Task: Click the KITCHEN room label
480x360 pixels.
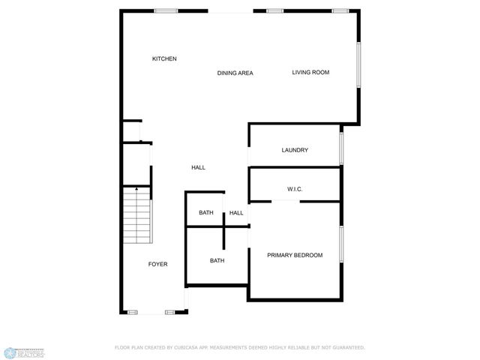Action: (164, 58)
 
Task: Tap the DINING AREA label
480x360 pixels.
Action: (235, 73)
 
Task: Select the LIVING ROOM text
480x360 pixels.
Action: (310, 72)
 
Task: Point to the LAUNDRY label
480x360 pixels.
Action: (295, 150)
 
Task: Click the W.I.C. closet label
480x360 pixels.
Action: (295, 189)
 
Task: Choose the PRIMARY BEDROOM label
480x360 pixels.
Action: (295, 255)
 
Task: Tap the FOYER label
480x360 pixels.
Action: (157, 264)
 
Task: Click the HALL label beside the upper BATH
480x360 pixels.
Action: (236, 213)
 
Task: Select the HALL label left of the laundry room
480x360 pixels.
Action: (198, 167)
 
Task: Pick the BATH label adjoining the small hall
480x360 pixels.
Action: (205, 213)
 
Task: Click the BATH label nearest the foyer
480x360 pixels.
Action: (217, 260)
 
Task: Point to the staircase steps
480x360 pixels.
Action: (137, 217)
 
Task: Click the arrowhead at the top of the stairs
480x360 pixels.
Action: (136, 190)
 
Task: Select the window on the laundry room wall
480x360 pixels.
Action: (341, 148)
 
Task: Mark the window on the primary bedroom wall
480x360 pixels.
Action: (341, 244)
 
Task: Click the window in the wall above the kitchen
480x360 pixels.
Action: (166, 11)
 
